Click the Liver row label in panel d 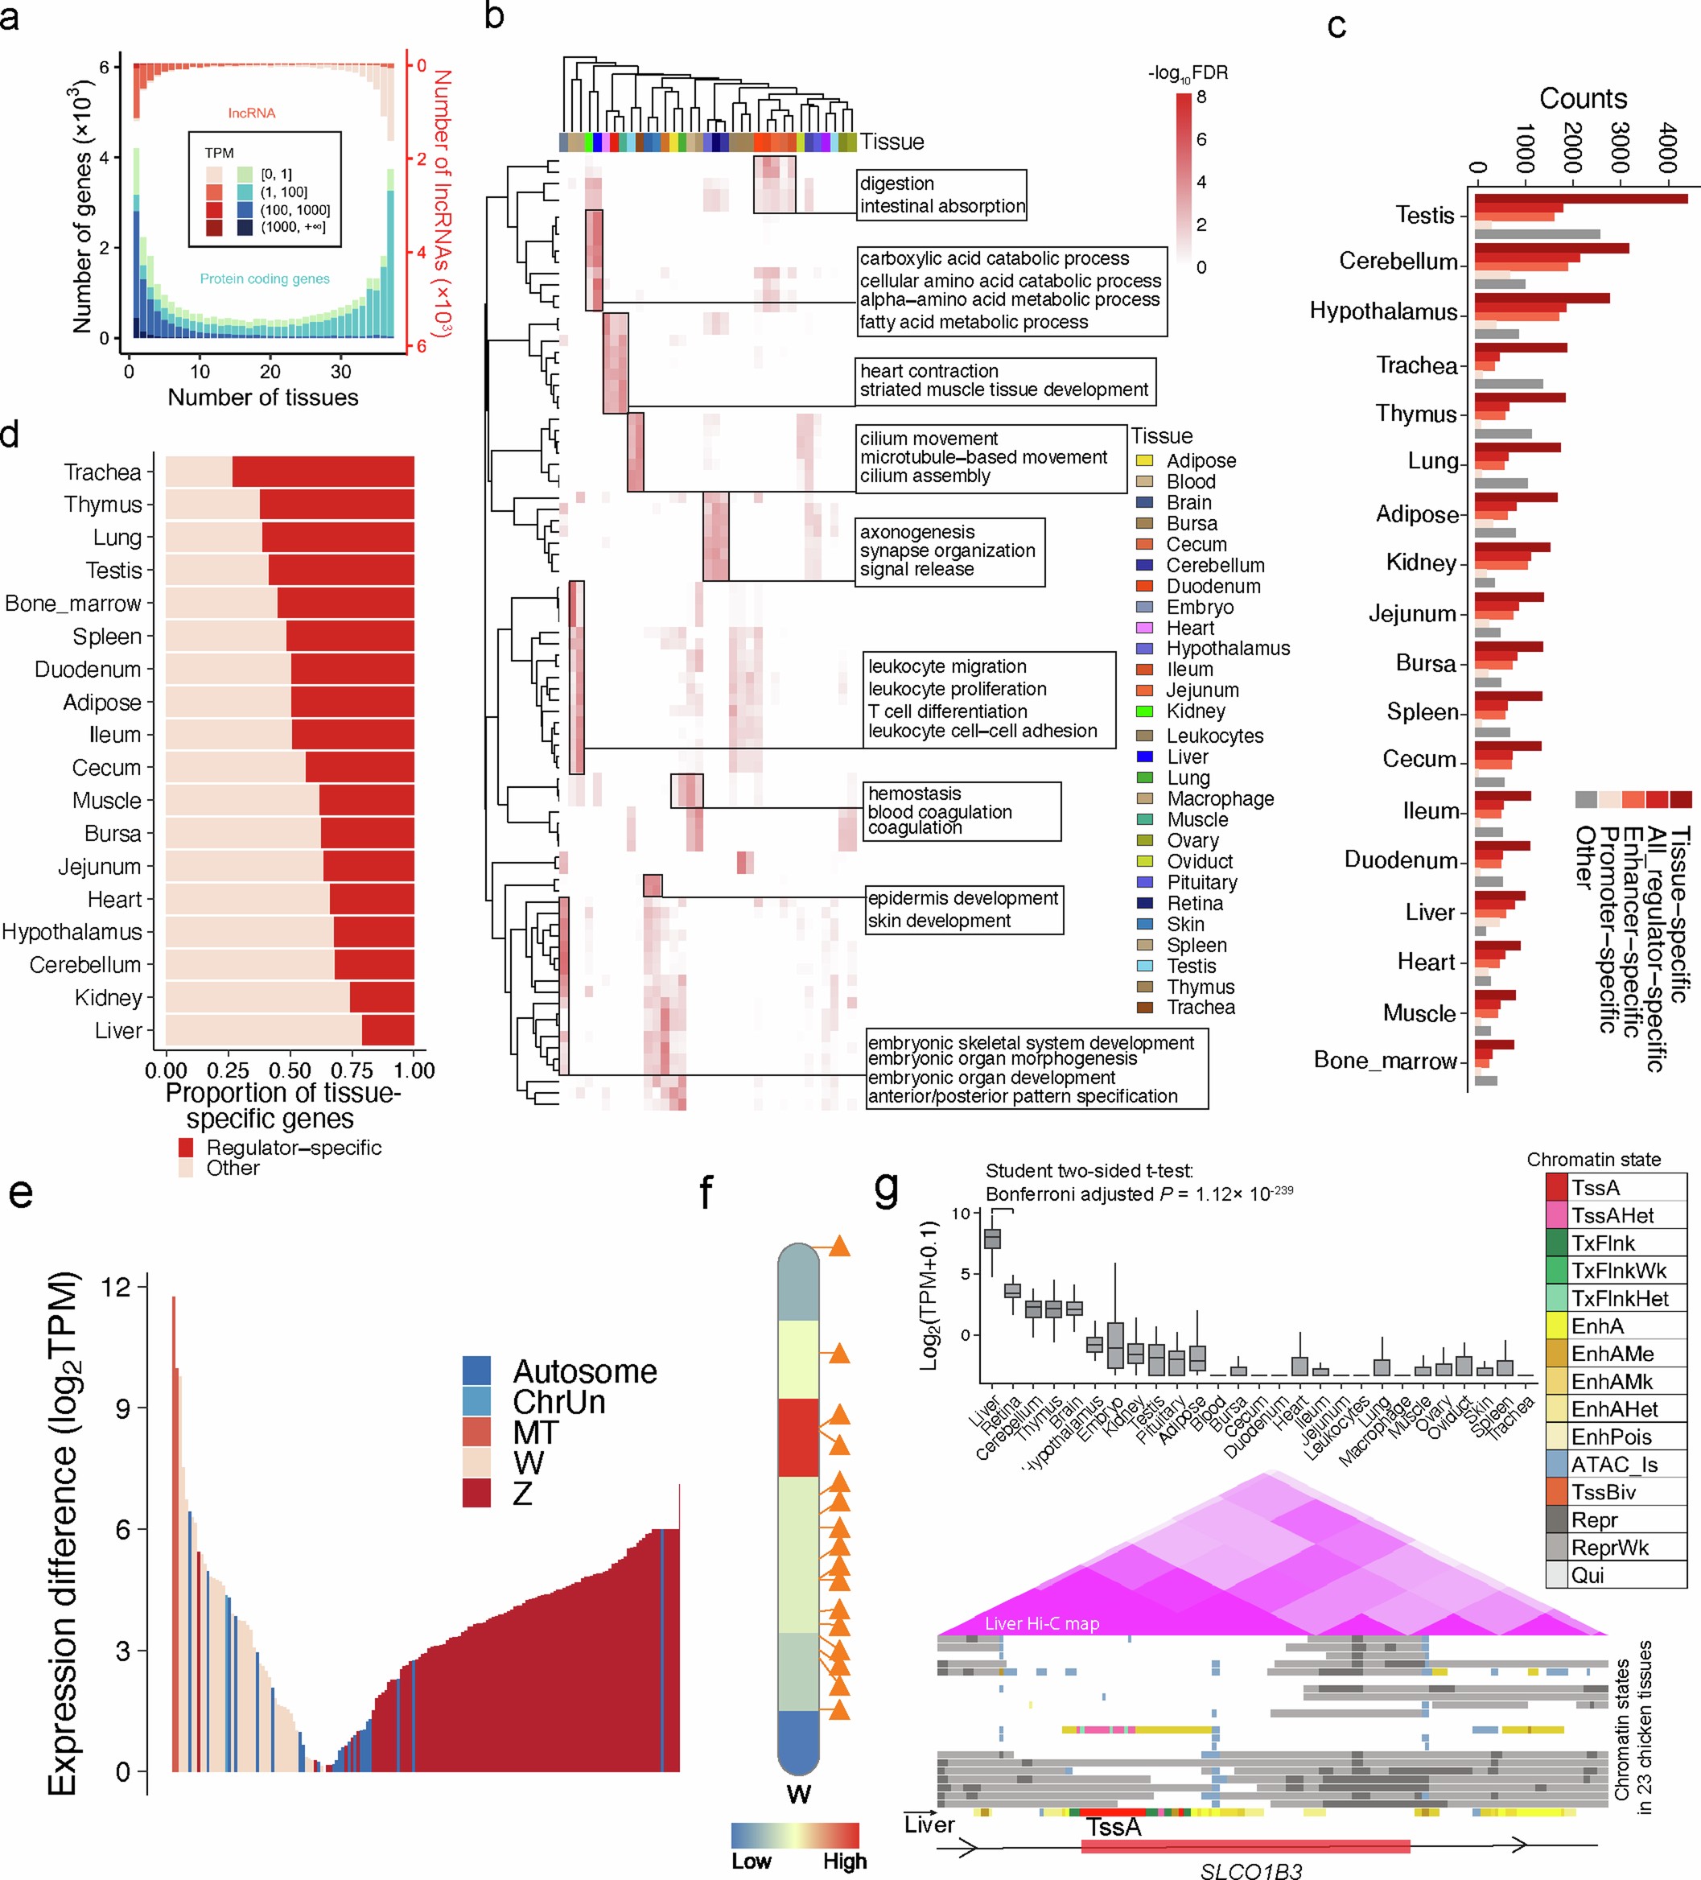point(118,1030)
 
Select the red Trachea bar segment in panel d point(323,472)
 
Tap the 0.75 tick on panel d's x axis point(352,1070)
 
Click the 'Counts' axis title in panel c point(1583,98)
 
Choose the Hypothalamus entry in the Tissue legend point(1227,648)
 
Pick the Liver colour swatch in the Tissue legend point(1144,757)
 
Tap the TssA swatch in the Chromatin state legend point(1556,1187)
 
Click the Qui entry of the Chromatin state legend point(1588,1575)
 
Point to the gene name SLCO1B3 point(1250,1870)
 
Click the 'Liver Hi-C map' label point(1042,1623)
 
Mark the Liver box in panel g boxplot point(992,1239)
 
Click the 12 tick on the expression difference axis point(117,1287)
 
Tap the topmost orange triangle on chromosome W point(839,1246)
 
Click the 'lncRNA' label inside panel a point(252,113)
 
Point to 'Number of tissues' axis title point(263,398)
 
